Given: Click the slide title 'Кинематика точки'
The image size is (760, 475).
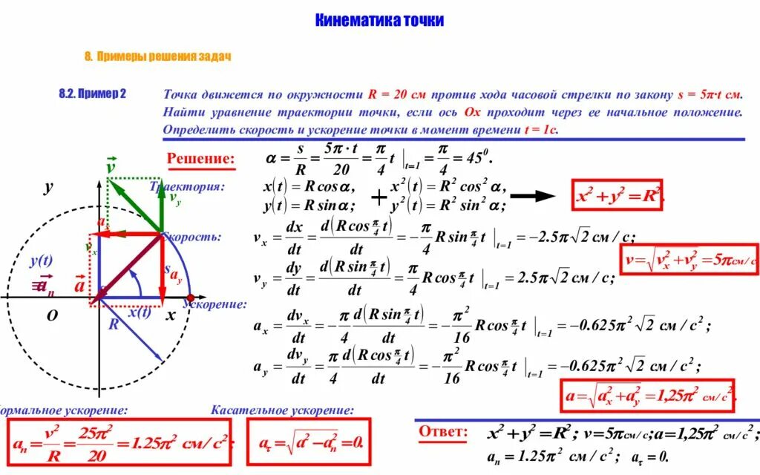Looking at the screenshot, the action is tap(379, 20).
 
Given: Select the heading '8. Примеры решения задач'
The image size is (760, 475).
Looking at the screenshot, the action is tap(158, 57).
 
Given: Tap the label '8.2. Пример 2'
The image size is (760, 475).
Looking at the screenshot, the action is tap(93, 94).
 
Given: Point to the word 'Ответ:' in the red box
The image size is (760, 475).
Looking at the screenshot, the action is tap(443, 432).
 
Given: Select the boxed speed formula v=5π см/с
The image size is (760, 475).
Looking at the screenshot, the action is tap(689, 260).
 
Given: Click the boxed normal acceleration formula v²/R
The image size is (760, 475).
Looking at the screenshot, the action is tap(119, 443).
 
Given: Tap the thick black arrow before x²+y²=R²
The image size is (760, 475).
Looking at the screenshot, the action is tap(533, 196).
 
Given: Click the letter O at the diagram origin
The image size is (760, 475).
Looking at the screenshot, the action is tap(52, 315).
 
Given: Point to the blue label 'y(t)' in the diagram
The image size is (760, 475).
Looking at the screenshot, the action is tap(41, 261).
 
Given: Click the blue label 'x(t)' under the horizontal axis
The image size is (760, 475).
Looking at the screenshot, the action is tap(139, 312).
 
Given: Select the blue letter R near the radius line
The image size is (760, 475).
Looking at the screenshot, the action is tap(114, 324).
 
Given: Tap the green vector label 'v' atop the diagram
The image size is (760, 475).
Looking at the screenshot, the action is tap(111, 166).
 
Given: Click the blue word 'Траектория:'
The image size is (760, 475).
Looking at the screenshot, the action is tap(187, 186).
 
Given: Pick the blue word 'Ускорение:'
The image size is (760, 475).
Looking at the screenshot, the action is tap(214, 304).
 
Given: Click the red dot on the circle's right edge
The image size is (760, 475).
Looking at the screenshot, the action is tap(190, 297).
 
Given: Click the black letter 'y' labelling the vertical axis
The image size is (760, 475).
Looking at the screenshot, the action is tap(48, 187).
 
